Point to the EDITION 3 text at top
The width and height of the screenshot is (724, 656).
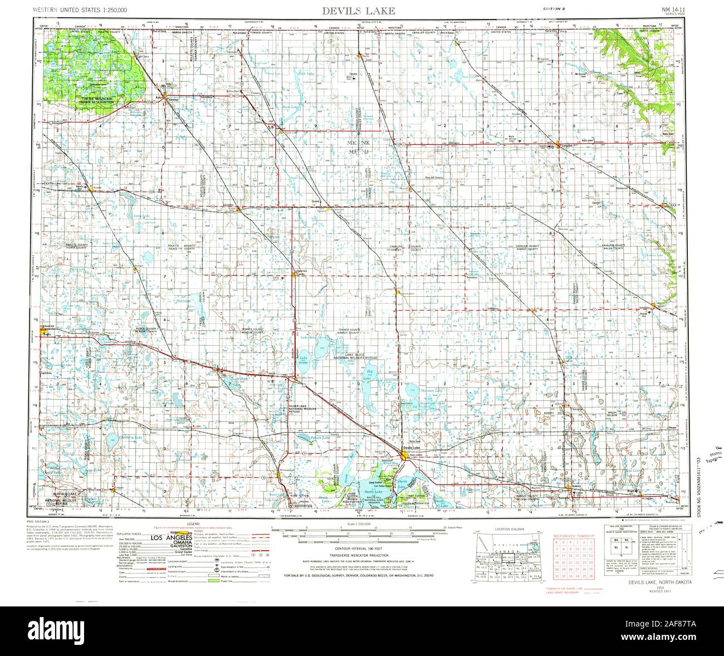tap(555, 10)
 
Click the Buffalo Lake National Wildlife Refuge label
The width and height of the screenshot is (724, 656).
tap(61, 497)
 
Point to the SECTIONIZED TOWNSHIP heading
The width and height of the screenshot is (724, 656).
tap(574, 535)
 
